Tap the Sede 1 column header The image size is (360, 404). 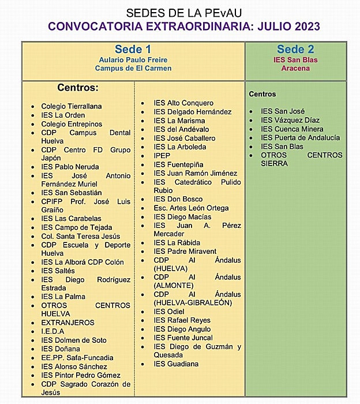pos(133,50)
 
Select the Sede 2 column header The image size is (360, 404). pos(295,50)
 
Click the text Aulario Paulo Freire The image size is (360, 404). pos(133,59)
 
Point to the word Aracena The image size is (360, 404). pos(295,68)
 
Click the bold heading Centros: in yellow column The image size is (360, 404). pos(78,88)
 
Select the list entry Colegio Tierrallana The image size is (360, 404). pos(71,106)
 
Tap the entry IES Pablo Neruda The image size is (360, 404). pos(70,167)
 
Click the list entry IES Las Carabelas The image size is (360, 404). pos(71,219)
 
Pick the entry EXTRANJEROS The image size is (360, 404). pos(67,323)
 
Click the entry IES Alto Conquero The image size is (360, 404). pos(183,103)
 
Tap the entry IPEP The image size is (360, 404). pos(162,156)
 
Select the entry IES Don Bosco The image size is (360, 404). pos(178,199)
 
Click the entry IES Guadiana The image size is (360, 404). pos(176,364)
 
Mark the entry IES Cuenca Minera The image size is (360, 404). pos(292,129)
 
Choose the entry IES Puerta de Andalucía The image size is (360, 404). pos(300,137)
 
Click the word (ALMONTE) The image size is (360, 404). pos(175,286)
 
